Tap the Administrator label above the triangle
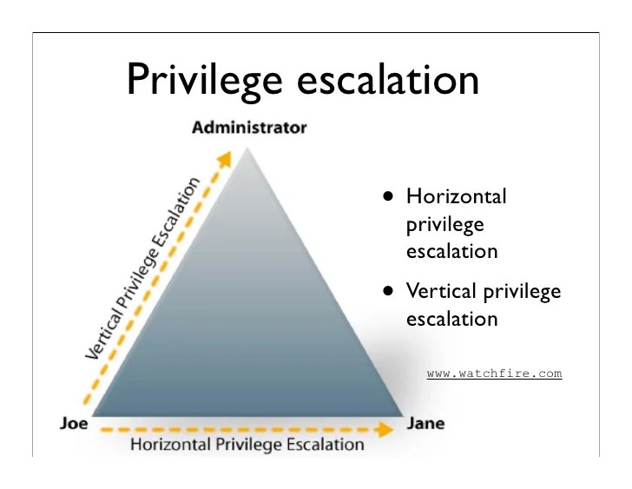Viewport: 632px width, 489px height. tap(249, 129)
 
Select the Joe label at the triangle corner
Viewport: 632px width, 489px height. tap(74, 424)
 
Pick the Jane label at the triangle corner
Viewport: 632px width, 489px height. tap(426, 424)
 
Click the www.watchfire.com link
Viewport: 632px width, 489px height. tap(494, 373)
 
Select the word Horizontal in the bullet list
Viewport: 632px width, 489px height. tap(456, 196)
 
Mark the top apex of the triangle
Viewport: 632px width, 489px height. tap(248, 148)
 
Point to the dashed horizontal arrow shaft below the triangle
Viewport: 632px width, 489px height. tap(243, 428)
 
